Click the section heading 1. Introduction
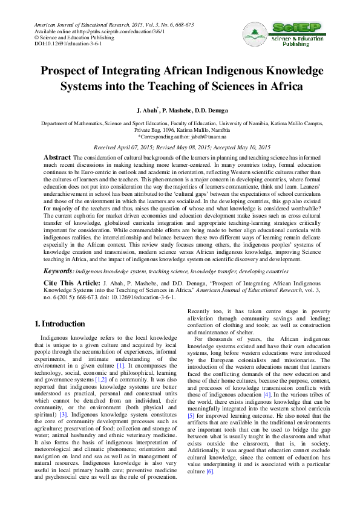[x=59, y=324]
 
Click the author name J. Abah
[x=151, y=112]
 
